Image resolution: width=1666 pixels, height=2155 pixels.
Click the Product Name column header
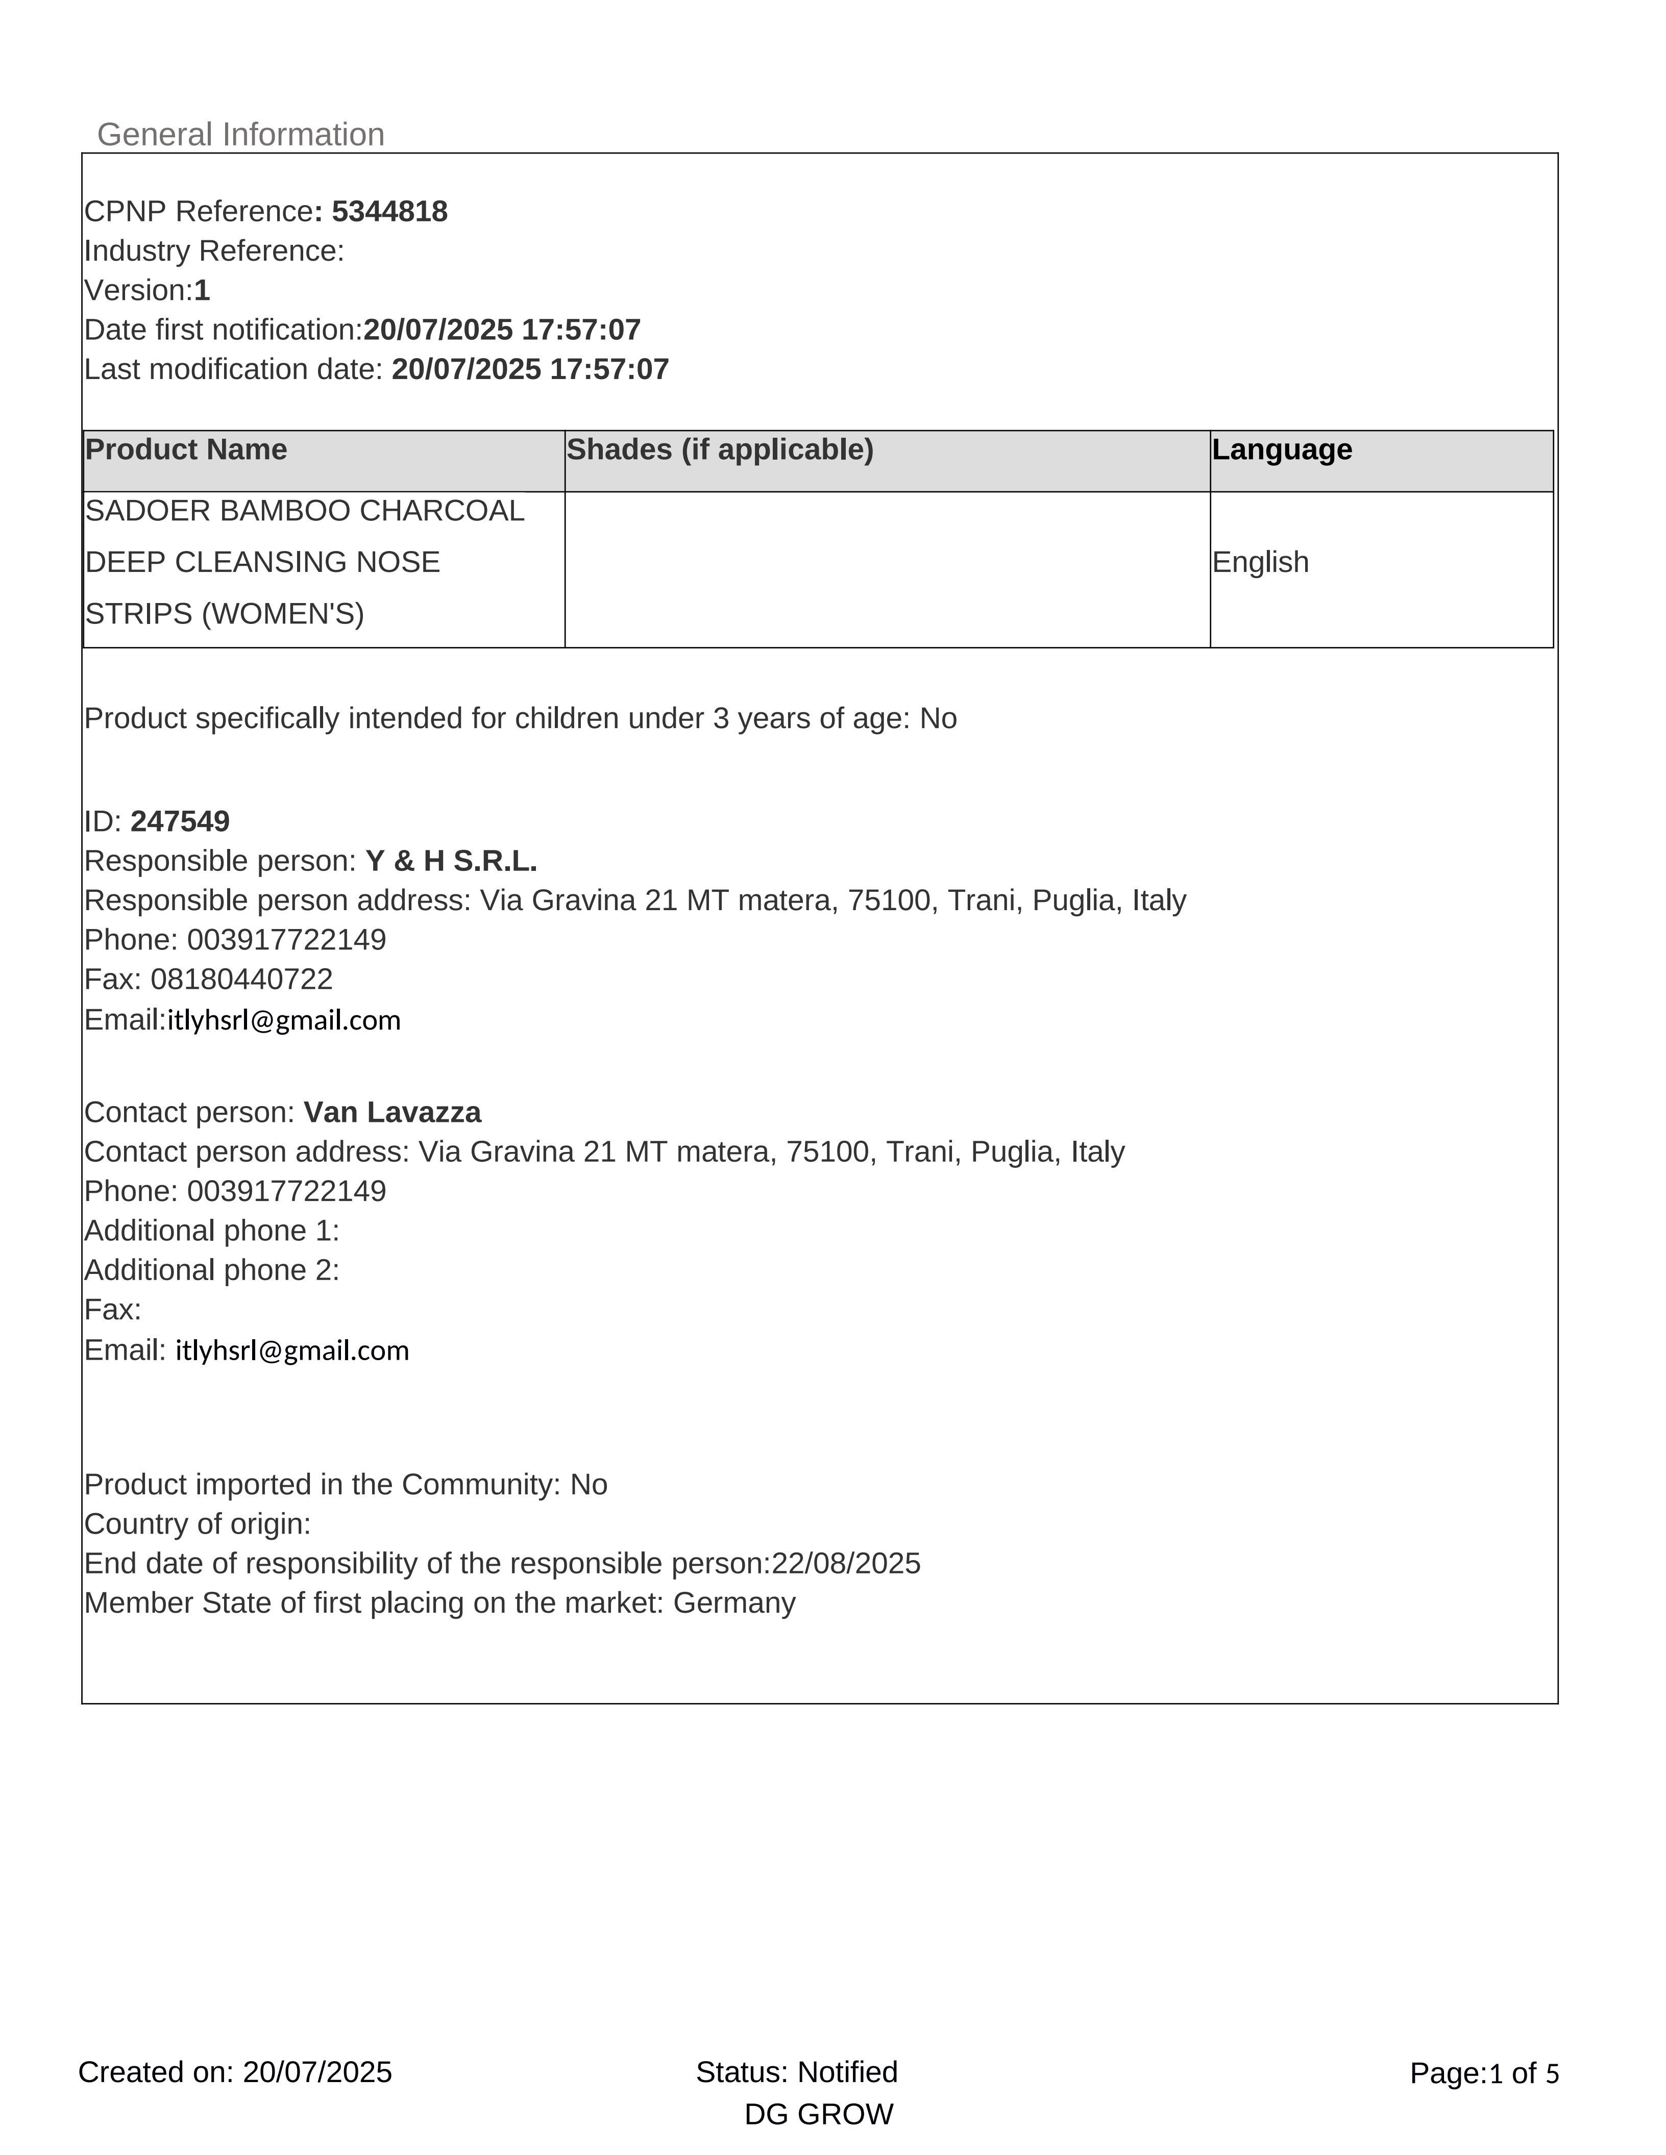tap(186, 450)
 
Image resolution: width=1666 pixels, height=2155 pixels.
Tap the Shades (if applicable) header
tap(720, 450)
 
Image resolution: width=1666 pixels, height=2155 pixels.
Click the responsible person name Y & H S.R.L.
tap(451, 861)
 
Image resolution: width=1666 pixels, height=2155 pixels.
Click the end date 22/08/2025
tap(846, 1564)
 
